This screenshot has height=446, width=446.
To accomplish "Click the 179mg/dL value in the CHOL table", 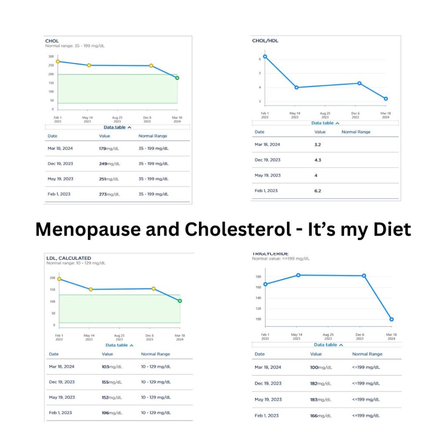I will click(109, 149).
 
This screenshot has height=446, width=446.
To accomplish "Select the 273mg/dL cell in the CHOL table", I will click(109, 194).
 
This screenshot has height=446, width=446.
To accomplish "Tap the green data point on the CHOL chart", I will click(177, 78).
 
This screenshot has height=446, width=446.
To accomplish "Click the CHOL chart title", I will click(52, 41).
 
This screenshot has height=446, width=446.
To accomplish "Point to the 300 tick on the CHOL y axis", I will click(51, 57).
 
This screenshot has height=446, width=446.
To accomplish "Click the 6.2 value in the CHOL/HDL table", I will click(318, 191).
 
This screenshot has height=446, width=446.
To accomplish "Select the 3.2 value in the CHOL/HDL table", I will click(318, 144).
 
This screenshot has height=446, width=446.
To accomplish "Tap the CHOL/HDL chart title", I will click(265, 41).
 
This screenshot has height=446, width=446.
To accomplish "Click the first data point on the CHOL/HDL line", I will click(265, 56).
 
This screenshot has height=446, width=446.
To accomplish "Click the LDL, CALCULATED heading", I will click(68, 258).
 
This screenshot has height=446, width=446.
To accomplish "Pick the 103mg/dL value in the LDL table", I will click(112, 367).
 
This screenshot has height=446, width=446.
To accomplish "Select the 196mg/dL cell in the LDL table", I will click(112, 413).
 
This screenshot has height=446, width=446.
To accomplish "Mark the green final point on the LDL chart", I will click(180, 301).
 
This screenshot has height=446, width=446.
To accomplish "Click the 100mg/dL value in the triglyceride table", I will click(320, 368).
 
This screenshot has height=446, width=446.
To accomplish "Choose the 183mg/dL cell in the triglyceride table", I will click(320, 399).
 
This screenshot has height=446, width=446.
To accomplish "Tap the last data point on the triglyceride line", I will click(392, 319).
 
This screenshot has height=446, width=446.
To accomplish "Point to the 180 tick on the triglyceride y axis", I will click(258, 277).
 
